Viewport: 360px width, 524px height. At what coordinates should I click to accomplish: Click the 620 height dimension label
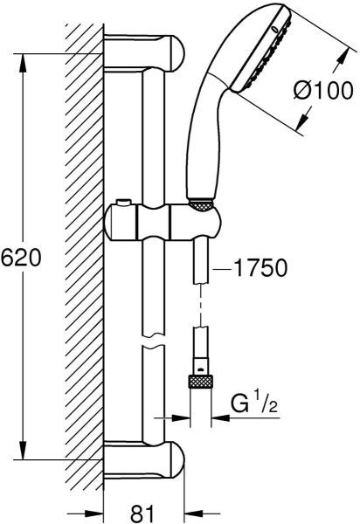pos(21,258)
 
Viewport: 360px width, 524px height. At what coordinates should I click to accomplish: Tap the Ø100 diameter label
pos(323,90)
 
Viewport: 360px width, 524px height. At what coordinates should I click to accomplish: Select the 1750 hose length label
pos(260,268)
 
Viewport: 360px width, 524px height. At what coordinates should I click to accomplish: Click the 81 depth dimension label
pos(143,513)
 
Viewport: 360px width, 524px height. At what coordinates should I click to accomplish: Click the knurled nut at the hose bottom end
pos(201,382)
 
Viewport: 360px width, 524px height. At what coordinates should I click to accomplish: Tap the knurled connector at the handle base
pos(201,205)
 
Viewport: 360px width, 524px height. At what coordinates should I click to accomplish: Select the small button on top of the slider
pos(123,203)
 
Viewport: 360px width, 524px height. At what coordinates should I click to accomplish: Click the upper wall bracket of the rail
pos(143,52)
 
